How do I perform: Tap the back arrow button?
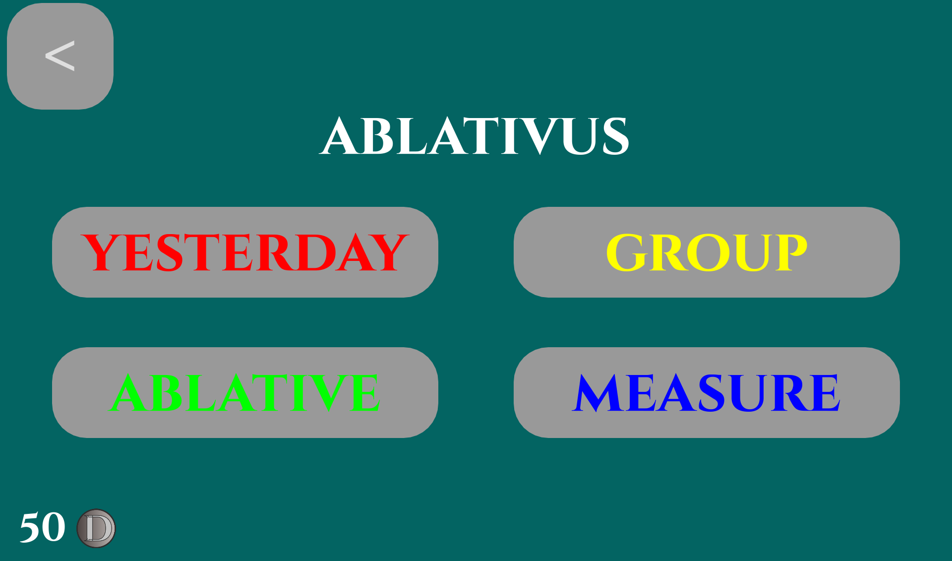pos(60,56)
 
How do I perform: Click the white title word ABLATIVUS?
pos(475,136)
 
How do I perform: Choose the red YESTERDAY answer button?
pos(245,252)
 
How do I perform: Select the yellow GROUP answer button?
pos(707,252)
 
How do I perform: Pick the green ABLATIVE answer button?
pos(245,392)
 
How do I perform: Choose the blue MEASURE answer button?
pos(707,392)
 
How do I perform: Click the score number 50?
pos(43,527)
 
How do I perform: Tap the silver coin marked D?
pos(96,528)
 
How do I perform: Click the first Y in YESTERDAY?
pos(101,252)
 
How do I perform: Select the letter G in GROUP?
pos(627,252)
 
